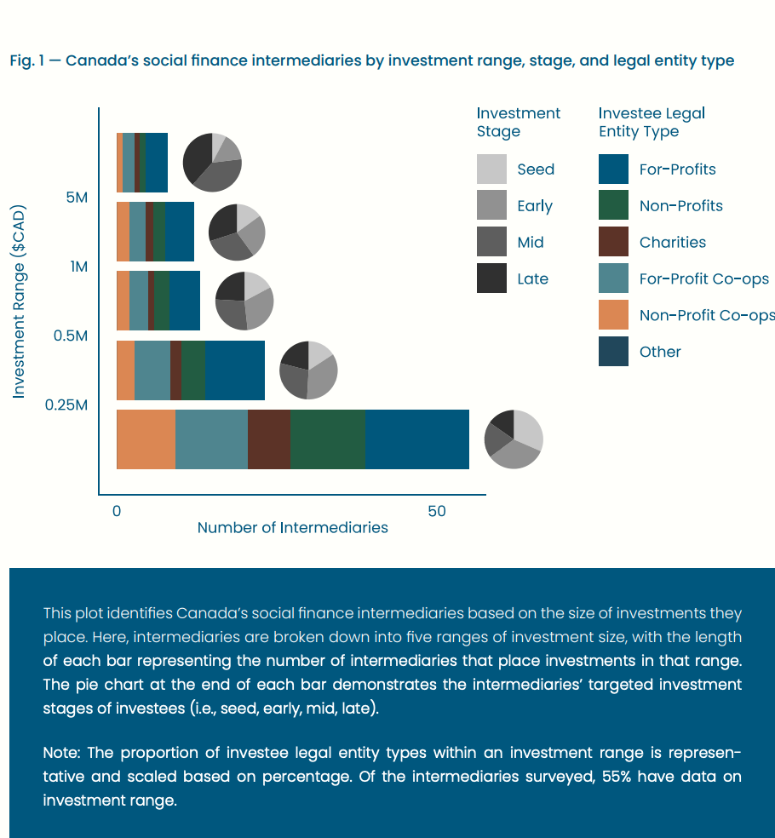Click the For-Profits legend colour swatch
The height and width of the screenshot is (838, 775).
tap(613, 169)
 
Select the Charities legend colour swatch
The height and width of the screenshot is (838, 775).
tap(613, 242)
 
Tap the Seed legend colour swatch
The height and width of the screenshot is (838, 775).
tap(491, 169)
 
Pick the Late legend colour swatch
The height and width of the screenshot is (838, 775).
tap(491, 278)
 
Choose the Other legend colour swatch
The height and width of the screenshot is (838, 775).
tap(613, 352)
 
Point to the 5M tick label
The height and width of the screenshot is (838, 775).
tap(77, 198)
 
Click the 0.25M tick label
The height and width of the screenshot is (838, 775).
tap(66, 405)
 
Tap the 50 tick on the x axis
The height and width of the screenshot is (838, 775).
tap(436, 511)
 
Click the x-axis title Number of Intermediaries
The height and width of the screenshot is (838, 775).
tap(292, 528)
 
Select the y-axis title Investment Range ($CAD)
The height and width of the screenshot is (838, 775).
tap(19, 301)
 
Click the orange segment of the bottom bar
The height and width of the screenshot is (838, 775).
tap(146, 439)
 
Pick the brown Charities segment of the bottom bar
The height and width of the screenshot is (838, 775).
tap(268, 439)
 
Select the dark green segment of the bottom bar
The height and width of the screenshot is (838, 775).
tap(327, 439)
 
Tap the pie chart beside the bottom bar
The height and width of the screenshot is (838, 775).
tap(514, 439)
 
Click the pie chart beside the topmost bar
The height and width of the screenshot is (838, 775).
tap(212, 162)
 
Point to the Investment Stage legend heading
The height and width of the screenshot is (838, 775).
tap(518, 122)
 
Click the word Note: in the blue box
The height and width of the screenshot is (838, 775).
tap(62, 753)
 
